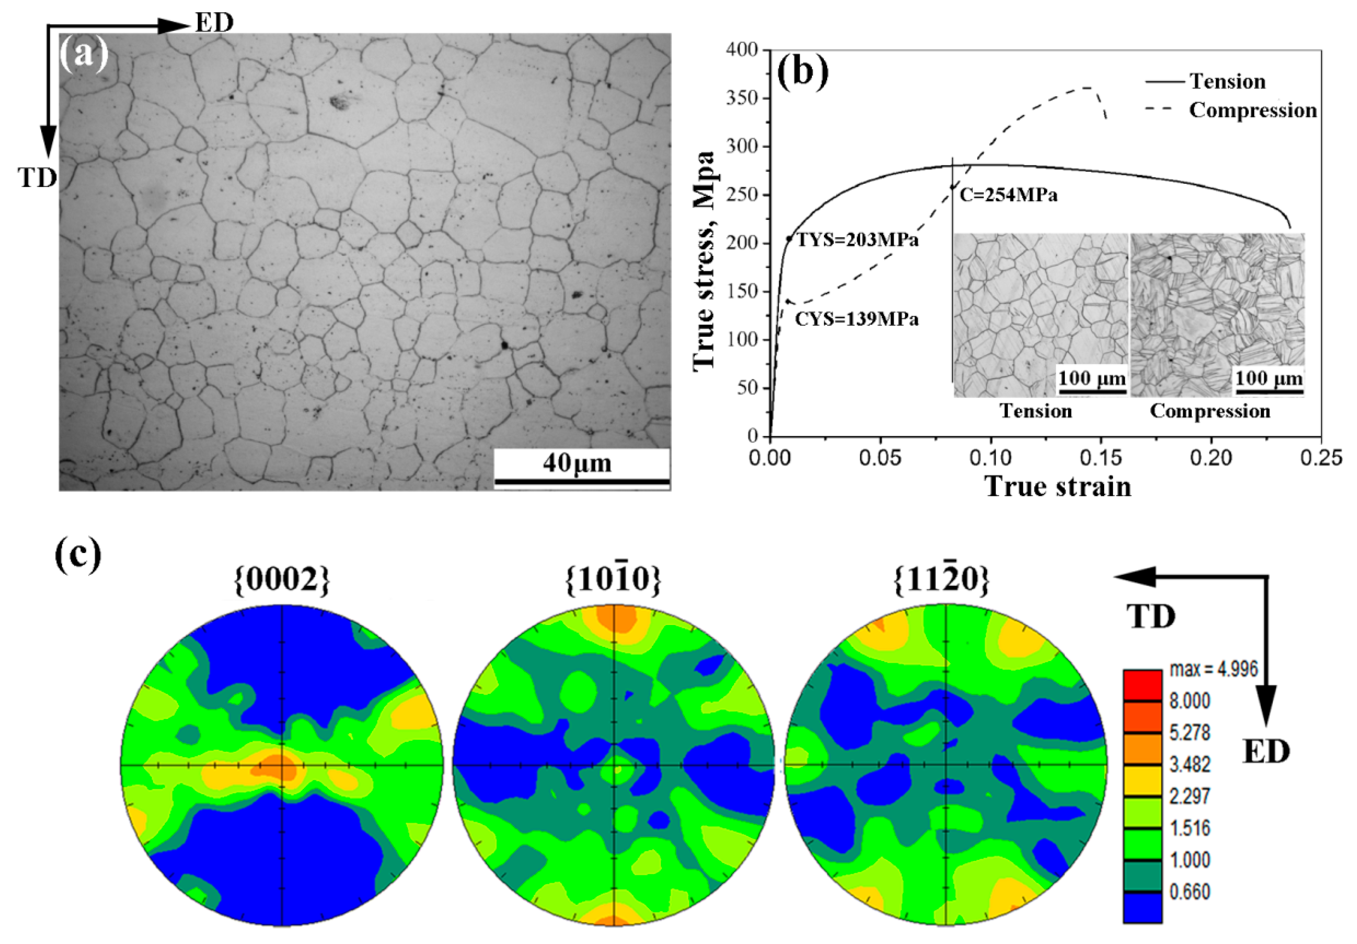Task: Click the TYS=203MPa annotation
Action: pos(858,240)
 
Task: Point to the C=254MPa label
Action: pos(1008,195)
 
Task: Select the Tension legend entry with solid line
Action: pos(1206,82)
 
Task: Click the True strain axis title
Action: pos(1058,487)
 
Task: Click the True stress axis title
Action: pos(705,260)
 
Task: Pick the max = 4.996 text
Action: pos(1213,669)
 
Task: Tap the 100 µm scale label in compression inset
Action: pos(1269,378)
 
